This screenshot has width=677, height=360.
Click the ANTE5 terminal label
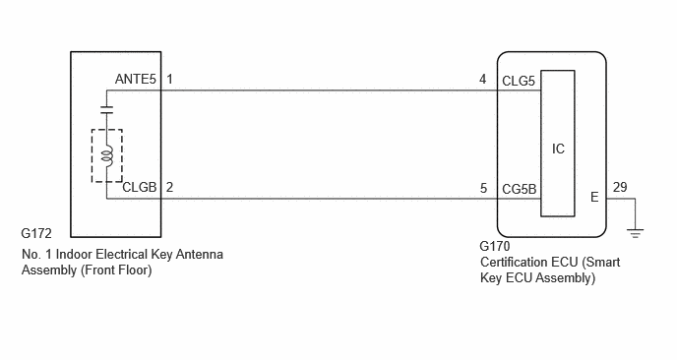pos(135,79)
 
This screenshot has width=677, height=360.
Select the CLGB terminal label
pos(140,187)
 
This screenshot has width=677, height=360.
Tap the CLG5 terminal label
pos(519,81)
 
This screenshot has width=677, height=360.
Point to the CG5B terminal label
pos(519,189)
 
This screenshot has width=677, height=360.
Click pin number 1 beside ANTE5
pos(169,79)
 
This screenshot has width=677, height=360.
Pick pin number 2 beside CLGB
pos(169,187)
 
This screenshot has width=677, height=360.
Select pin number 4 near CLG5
pos(483,79)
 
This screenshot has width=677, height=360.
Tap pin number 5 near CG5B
pos(483,188)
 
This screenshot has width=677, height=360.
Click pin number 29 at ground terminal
pos(620,187)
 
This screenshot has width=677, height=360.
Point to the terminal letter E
pos(594,198)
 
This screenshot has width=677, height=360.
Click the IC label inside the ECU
pos(558,149)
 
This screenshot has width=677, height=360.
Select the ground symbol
pos(635,233)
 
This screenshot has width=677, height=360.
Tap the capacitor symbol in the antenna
pos(106,109)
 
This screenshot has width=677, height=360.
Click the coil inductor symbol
pos(107,155)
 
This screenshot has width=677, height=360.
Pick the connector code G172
pos(36,233)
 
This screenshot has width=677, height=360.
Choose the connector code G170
pos(495,246)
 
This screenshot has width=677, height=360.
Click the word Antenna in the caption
pos(200,254)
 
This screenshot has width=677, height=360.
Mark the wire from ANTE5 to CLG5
pos(329,90)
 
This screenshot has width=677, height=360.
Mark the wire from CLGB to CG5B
pos(329,199)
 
